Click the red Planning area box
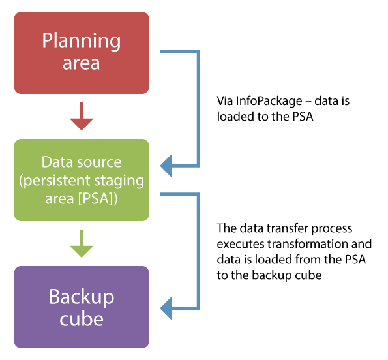(82, 53)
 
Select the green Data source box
(82, 180)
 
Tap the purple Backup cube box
(82, 307)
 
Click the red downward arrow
(82, 116)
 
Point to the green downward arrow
(82, 243)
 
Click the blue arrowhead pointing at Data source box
(166, 166)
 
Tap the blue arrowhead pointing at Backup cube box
(166, 308)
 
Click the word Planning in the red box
(82, 41)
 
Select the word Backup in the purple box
(82, 297)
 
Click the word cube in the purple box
(82, 319)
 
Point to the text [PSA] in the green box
(95, 198)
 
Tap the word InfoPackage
(269, 101)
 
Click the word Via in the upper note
(225, 101)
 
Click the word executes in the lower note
(241, 244)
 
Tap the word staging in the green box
(119, 181)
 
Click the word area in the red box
(81, 63)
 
